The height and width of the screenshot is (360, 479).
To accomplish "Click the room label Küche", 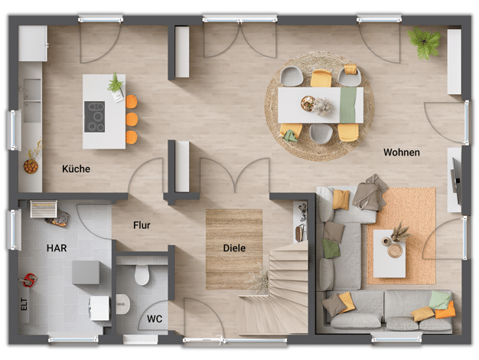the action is pos(76,169).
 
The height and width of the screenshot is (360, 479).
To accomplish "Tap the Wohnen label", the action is pos(402,152).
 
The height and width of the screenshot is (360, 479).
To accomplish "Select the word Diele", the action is pos(234,247).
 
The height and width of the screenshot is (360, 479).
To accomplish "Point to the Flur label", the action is pos(142,225).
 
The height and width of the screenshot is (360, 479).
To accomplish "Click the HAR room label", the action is pos(57,247).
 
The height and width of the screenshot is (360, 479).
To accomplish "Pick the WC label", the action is pos(155,319).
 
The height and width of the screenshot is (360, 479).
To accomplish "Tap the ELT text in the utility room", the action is pos(24,304).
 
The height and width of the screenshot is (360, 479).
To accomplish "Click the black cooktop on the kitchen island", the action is pos(95,116).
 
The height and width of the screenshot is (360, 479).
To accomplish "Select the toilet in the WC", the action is pos(142,274).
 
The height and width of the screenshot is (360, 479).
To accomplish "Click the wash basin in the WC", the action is pos(122,304).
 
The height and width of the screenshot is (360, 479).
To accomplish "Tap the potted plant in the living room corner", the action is pos(424,42).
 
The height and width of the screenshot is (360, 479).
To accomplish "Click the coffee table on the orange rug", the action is pos(389,254).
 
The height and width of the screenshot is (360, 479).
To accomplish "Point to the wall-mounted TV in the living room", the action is pos(456,181).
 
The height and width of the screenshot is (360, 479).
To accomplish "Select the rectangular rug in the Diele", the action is pos(234,249).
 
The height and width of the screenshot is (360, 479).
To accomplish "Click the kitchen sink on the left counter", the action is pos(32,100).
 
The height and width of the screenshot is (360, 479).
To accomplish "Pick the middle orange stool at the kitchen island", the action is pos(132,119).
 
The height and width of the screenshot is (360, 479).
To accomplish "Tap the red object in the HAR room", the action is pos(28,280).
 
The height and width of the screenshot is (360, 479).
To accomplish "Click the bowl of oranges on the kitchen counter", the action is pos(31,166).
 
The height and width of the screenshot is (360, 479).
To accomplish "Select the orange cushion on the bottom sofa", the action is pos(445,309).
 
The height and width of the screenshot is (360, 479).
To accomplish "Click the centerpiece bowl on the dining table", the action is pos(308,103).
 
